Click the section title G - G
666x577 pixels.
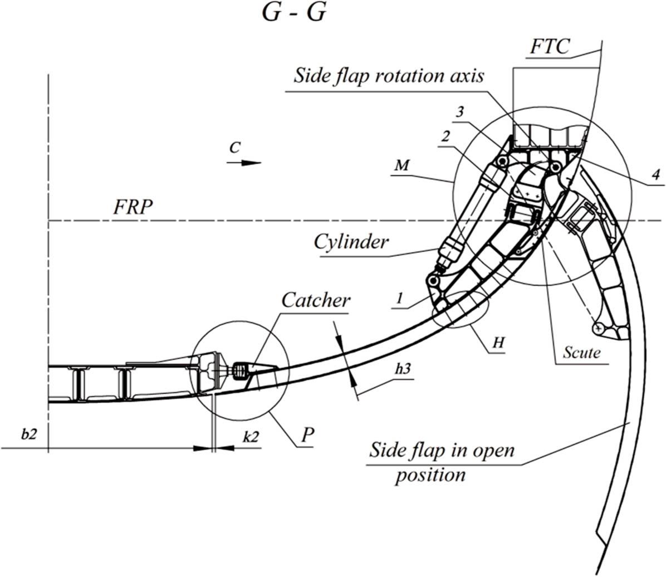pos(293,13)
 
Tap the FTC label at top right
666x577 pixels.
pos(550,47)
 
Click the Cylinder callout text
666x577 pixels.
pos(350,242)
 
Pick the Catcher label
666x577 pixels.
pos(316,301)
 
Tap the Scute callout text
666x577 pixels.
pos(581,353)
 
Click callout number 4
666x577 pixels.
pos(655,174)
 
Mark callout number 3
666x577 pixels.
pos(459,111)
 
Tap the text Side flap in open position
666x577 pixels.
pos(442,462)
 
